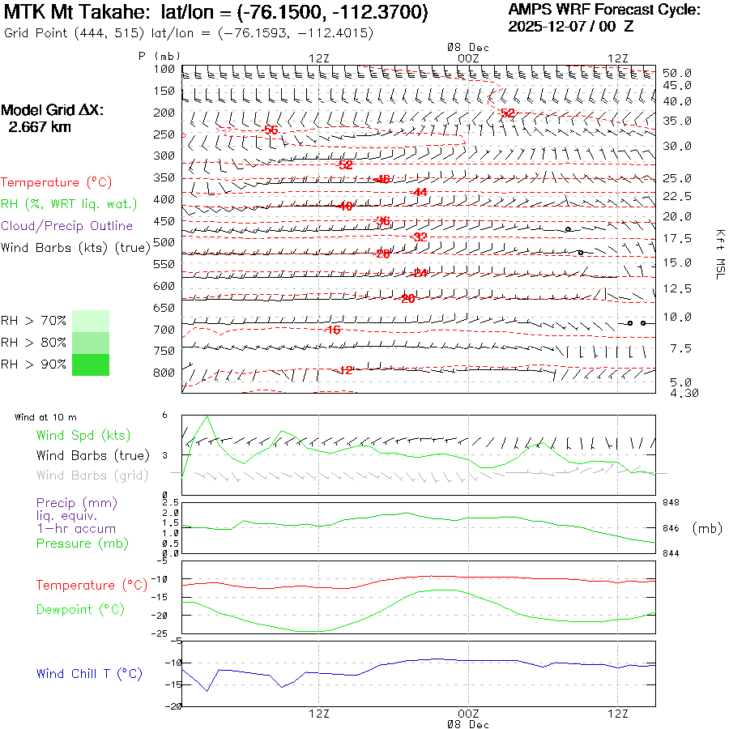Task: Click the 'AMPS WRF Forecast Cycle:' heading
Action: tap(604, 10)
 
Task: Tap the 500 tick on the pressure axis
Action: tap(165, 242)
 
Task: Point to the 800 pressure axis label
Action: tap(165, 373)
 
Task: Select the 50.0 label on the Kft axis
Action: tap(676, 73)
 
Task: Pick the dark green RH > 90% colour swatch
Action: tap(91, 364)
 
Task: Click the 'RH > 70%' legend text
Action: tap(33, 321)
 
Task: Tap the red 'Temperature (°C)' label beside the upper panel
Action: tap(52, 183)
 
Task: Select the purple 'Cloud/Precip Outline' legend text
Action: tap(66, 226)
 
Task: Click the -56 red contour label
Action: tap(270, 130)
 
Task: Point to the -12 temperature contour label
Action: tap(344, 370)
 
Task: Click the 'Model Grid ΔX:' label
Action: tap(53, 110)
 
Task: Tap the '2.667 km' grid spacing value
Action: tap(39, 127)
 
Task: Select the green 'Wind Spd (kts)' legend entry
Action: tap(83, 436)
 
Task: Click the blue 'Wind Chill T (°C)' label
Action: tap(89, 674)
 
